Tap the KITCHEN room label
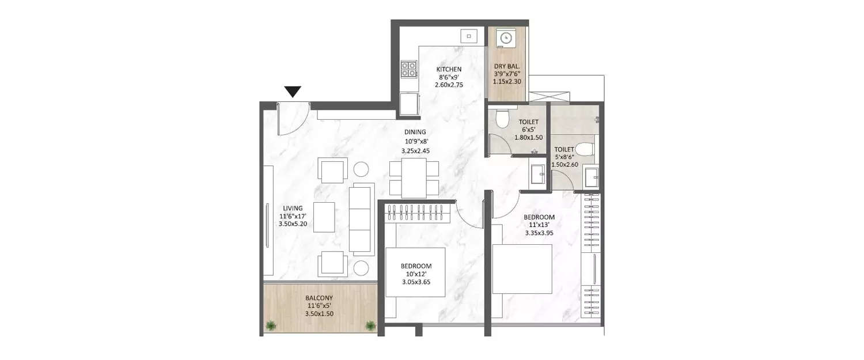point(449,69)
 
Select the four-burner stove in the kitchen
point(408,69)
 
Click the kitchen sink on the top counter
point(469,36)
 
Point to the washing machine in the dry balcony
point(506,38)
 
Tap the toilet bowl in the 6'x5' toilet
point(502,119)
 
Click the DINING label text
point(415,132)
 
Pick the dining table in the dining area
point(414,178)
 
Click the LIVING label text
point(293,208)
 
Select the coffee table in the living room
point(324,217)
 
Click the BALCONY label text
point(318,298)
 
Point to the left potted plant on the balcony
point(270,327)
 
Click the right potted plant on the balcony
point(370,327)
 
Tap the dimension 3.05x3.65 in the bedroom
point(416,282)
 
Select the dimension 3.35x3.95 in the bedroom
point(539,233)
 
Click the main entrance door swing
point(291,121)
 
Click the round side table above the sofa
point(361,169)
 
